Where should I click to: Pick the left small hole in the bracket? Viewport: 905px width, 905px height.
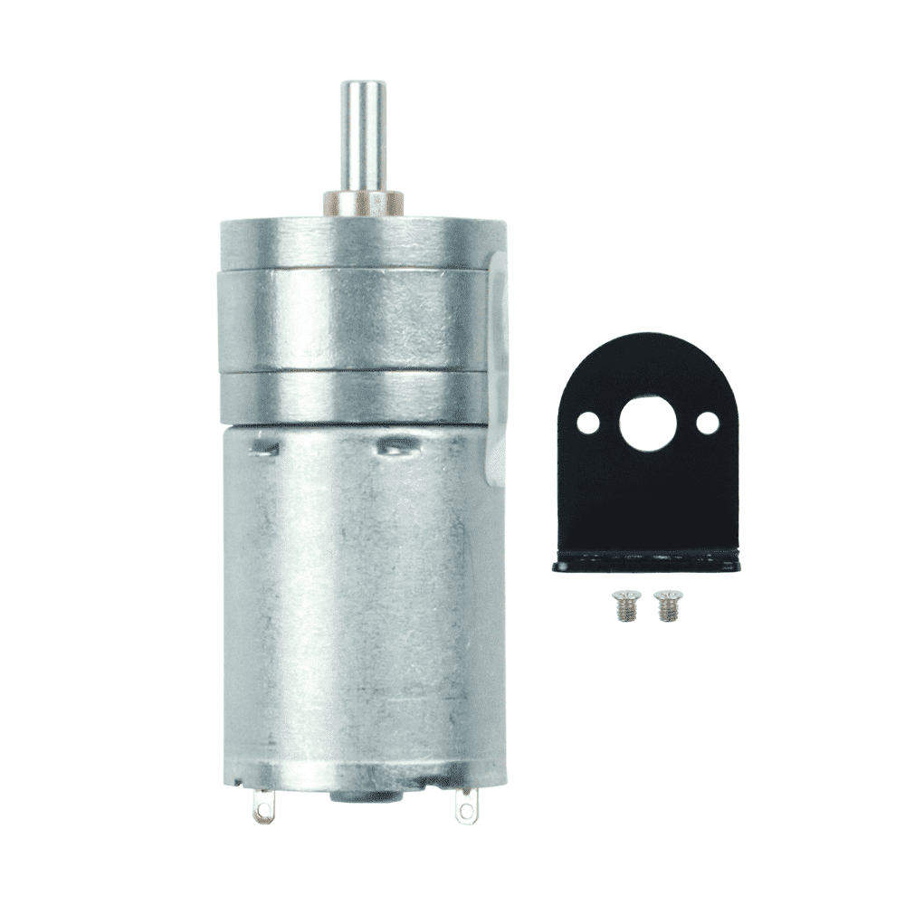click(588, 421)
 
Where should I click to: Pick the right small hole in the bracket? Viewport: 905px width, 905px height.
click(707, 421)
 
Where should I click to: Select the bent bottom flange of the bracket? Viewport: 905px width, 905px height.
click(645, 564)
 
